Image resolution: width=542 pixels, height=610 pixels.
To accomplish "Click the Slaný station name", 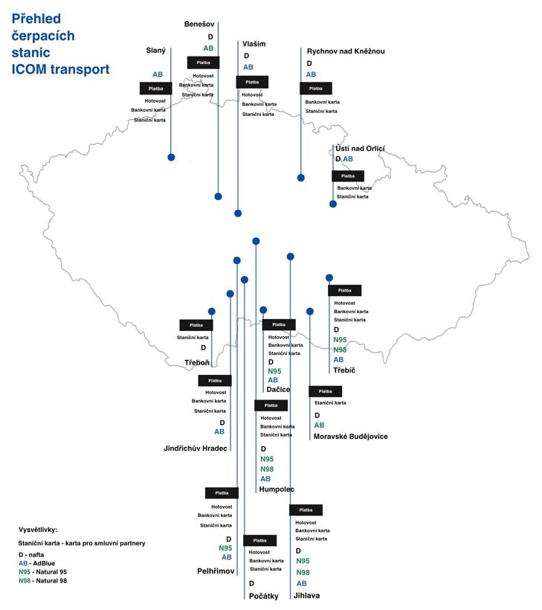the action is [155, 51].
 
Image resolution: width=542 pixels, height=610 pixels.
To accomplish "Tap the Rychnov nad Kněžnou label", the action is [346, 51].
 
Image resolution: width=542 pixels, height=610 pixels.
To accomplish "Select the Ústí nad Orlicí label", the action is [360, 148].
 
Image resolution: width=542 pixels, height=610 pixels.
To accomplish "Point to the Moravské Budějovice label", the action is [350, 437].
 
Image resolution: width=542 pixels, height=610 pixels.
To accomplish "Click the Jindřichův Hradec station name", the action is [196, 448].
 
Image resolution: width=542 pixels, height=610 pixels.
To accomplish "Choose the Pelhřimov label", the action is [216, 571].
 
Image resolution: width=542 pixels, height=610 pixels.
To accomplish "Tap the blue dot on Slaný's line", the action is [171, 157].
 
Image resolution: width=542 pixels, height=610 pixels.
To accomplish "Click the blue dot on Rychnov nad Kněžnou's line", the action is [300, 178].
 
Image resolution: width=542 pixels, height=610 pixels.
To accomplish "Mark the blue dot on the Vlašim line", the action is [238, 213].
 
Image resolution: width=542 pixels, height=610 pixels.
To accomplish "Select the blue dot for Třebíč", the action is [329, 277].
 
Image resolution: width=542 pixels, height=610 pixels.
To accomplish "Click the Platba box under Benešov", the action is [203, 62].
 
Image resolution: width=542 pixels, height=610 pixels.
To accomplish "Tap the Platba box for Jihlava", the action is [306, 510].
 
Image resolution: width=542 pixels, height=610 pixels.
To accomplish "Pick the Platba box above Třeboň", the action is [196, 325].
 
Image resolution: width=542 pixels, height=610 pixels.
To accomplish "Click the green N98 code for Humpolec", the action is [267, 469].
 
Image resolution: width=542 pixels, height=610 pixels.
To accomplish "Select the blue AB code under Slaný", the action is [158, 74].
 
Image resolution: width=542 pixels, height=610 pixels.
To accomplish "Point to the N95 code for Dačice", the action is [274, 371].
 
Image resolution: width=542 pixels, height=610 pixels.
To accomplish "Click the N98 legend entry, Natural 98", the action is [43, 581].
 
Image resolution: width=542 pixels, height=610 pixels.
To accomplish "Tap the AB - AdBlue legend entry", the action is [36, 563].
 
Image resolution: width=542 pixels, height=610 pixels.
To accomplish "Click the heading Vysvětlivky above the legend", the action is [38, 530].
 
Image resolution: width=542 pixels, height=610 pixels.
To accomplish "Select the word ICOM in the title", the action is [29, 69].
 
